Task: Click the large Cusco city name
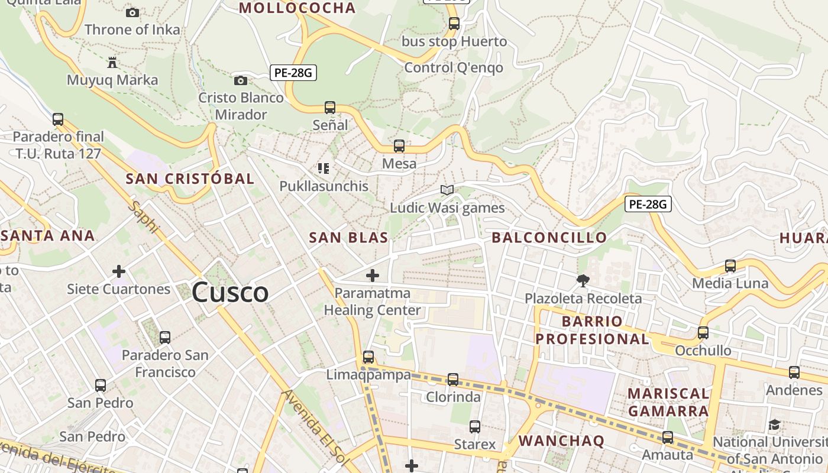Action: pyautogui.click(x=230, y=292)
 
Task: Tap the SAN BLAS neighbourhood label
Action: pyautogui.click(x=348, y=238)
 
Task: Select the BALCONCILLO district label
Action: pyautogui.click(x=549, y=238)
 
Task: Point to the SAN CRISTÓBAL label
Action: pyautogui.click(x=190, y=179)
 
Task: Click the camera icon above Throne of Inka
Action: pyautogui.click(x=132, y=12)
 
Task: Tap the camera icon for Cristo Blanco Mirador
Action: pyautogui.click(x=241, y=80)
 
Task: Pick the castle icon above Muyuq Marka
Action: pyautogui.click(x=112, y=62)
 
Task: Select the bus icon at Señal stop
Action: pyautogui.click(x=330, y=108)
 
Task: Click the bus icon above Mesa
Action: pyautogui.click(x=399, y=145)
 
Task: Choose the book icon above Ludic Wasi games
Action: pyautogui.click(x=447, y=190)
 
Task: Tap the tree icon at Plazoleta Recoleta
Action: pyautogui.click(x=583, y=281)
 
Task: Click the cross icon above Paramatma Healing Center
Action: pyautogui.click(x=373, y=276)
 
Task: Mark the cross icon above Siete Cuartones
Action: pyautogui.click(x=119, y=271)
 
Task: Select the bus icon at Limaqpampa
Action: pyautogui.click(x=368, y=357)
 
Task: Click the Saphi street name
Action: pyautogui.click(x=144, y=218)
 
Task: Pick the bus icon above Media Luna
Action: pyautogui.click(x=730, y=266)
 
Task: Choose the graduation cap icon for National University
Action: pyautogui.click(x=774, y=425)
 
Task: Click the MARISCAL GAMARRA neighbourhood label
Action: pyautogui.click(x=668, y=402)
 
